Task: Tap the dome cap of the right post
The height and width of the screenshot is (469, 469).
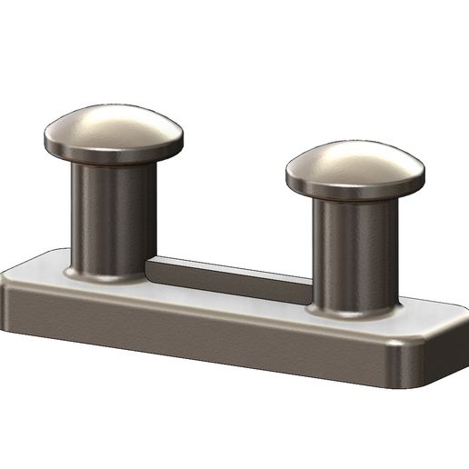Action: click(354, 166)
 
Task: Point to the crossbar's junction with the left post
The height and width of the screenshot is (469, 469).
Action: click(150, 268)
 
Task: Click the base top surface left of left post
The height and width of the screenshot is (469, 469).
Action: click(41, 269)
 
